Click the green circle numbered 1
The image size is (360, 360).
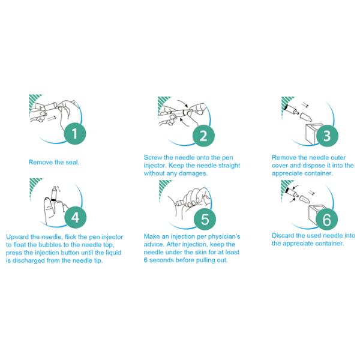[74, 133]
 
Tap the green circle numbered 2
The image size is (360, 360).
[203, 136]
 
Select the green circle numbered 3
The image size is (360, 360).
[327, 136]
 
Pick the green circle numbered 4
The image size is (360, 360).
[76, 217]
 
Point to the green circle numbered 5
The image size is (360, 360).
[205, 219]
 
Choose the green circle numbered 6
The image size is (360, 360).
[327, 219]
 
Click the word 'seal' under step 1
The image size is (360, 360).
[72, 163]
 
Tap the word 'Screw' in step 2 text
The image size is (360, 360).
[152, 158]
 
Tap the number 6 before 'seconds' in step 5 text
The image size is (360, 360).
[146, 260]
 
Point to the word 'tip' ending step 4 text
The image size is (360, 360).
[98, 261]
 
